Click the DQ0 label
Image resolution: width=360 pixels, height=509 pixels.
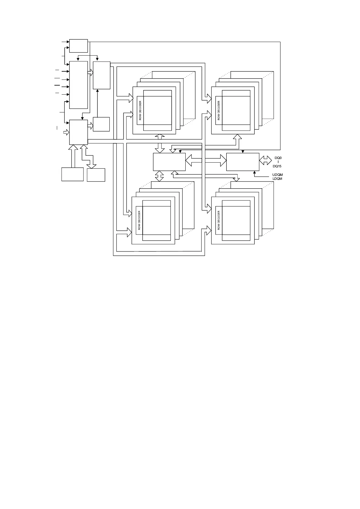tap(278, 158)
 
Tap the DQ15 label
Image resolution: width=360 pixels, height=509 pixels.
tap(277, 166)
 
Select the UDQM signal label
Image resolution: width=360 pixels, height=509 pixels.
tap(277, 175)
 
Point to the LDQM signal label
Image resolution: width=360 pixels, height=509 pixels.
tap(277, 179)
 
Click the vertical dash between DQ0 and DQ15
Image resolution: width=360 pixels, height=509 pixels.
tap(278, 162)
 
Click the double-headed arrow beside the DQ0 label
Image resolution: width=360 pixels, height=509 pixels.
tap(265, 160)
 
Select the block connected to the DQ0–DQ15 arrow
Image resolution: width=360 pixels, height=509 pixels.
tap(242, 162)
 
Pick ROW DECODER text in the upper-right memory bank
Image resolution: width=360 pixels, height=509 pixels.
tap(219, 110)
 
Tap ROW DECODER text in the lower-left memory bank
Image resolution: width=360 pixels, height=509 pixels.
tap(139, 220)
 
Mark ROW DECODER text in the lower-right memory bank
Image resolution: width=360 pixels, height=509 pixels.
tap(219, 220)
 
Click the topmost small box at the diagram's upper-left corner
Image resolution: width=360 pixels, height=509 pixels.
tap(79, 46)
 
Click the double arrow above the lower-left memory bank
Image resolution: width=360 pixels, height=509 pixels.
tap(159, 176)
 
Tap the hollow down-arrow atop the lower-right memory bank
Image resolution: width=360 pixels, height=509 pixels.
tap(237, 178)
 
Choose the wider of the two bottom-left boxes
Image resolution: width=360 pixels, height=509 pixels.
tap(73, 174)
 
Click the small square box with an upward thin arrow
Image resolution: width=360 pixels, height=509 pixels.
tap(101, 124)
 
